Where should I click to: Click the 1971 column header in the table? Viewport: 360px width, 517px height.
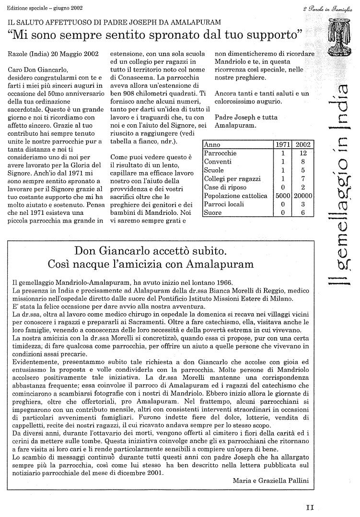282,144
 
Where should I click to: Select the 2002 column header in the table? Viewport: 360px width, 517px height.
303,144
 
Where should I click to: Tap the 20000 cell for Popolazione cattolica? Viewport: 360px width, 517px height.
303,196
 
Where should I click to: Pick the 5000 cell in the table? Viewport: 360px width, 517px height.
282,196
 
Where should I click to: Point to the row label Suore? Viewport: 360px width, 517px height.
213,212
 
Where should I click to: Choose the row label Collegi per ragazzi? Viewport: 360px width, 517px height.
232,178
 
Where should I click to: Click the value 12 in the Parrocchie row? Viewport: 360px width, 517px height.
303,153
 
